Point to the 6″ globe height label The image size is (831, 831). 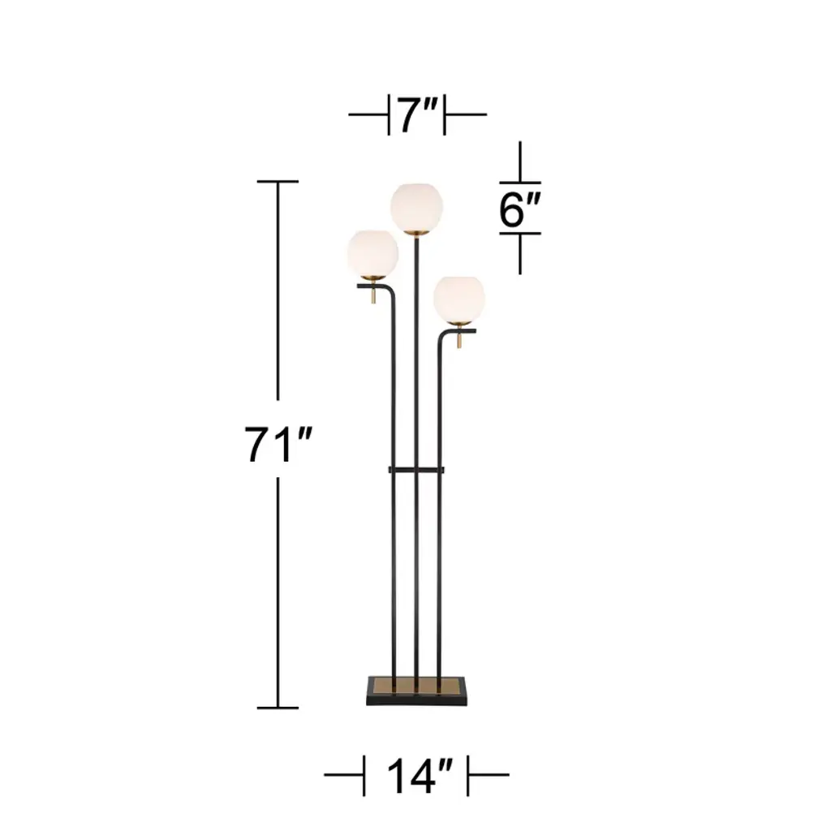click(519, 209)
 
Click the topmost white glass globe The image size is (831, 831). click(416, 208)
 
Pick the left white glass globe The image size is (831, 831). click(373, 254)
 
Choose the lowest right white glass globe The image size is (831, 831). click(459, 299)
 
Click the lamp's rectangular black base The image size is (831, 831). click(416, 691)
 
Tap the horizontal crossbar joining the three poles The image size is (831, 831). click(416, 470)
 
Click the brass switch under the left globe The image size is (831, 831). click(373, 295)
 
